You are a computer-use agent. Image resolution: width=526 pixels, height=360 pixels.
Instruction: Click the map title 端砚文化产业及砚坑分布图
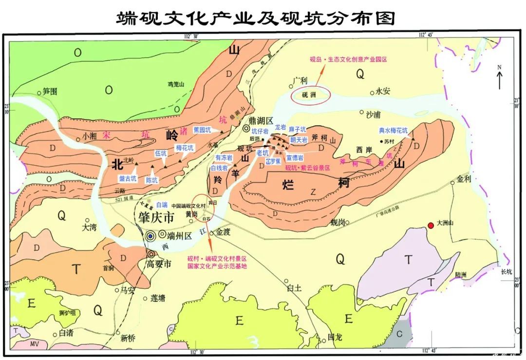[x=255, y=19]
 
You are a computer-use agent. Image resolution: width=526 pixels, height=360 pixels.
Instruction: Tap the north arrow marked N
[x=499, y=78]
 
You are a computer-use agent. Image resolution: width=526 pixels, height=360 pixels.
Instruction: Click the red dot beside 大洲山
[x=431, y=225]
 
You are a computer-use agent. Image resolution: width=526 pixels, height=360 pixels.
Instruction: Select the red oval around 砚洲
[x=311, y=95]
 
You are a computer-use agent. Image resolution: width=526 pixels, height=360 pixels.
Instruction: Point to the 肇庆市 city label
[x=153, y=218]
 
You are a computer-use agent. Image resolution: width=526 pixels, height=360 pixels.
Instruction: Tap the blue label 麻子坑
[x=298, y=130]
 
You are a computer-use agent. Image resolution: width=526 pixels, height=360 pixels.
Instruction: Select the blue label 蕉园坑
[x=202, y=130]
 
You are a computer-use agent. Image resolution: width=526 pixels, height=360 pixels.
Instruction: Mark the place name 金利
[x=464, y=178]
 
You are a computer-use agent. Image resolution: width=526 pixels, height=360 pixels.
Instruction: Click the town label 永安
[x=384, y=91]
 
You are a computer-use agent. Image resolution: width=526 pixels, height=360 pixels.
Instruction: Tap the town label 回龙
[x=336, y=336]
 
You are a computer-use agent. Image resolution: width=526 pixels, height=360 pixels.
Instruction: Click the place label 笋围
[x=50, y=91]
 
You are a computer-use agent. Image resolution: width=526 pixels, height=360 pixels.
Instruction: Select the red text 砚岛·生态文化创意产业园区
[x=347, y=60]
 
